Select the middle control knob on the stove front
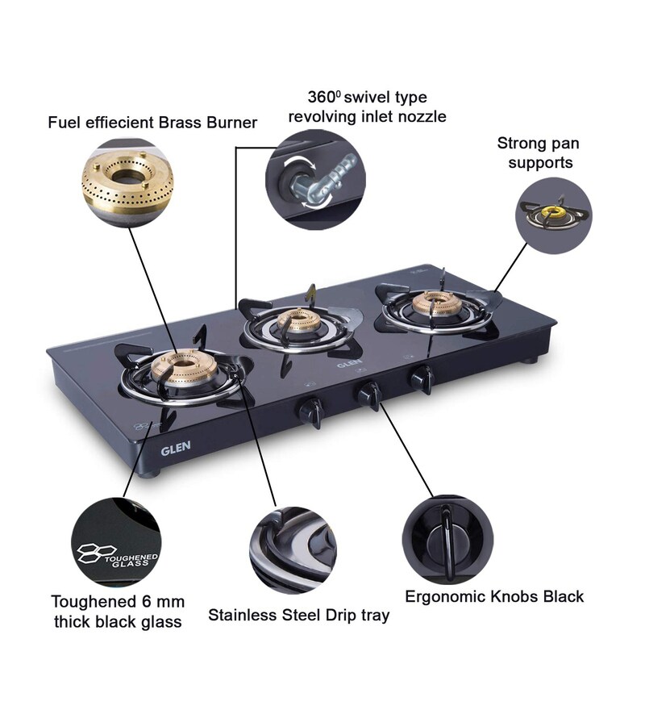point(369,395)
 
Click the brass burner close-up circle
point(127,182)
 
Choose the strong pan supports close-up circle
point(553,216)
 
